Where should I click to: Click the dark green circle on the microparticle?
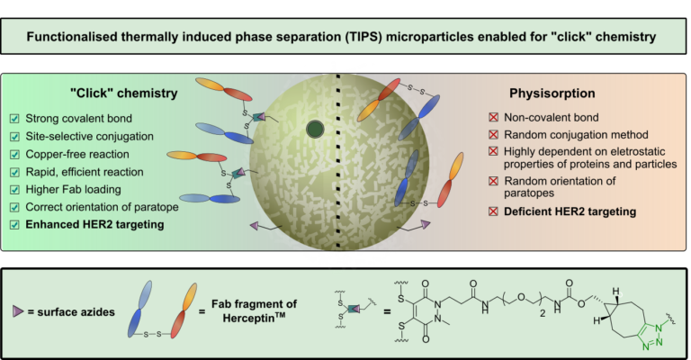click(x=315, y=130)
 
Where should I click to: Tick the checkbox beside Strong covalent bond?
click(x=14, y=119)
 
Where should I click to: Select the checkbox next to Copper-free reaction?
click(x=14, y=154)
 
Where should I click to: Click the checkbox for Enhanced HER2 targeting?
click(x=14, y=225)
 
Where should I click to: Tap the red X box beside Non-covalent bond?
click(x=494, y=117)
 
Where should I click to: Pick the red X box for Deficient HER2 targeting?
click(x=494, y=211)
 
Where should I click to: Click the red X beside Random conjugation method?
click(x=494, y=134)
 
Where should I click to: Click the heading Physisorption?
click(x=552, y=94)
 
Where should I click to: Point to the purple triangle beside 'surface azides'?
click(x=18, y=311)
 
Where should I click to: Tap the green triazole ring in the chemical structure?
click(x=651, y=336)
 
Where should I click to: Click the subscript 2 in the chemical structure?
click(x=543, y=313)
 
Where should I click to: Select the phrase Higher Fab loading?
click(x=73, y=190)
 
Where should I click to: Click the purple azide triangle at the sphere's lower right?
click(x=426, y=224)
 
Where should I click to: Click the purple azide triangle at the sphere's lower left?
click(x=255, y=226)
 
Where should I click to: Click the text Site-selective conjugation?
click(x=89, y=137)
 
